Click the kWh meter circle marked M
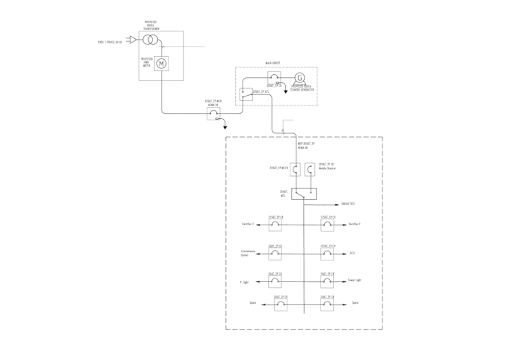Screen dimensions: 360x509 click(x=161, y=64)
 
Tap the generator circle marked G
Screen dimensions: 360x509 click(x=300, y=78)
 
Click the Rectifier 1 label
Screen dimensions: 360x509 click(x=248, y=224)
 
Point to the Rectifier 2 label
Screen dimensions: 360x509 click(x=355, y=224)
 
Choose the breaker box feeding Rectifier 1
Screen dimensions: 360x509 click(x=275, y=225)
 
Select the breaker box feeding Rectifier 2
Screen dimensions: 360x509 click(x=327, y=225)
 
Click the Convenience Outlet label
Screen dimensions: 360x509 click(x=248, y=253)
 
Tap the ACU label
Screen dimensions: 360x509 click(x=352, y=253)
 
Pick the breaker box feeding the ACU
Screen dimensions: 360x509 click(x=327, y=254)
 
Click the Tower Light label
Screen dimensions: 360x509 click(x=355, y=280)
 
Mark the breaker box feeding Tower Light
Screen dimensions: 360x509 click(x=327, y=281)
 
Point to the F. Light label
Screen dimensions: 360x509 click(x=245, y=282)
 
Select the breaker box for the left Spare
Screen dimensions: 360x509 click(x=280, y=305)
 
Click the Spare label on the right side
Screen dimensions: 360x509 click(x=355, y=303)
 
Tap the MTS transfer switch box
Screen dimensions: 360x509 click(x=303, y=194)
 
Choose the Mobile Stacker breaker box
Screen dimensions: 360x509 click(x=311, y=170)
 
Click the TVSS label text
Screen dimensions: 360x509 click(x=348, y=204)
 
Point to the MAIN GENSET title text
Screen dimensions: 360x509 click(x=274, y=64)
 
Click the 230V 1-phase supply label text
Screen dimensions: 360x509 click(x=110, y=43)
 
